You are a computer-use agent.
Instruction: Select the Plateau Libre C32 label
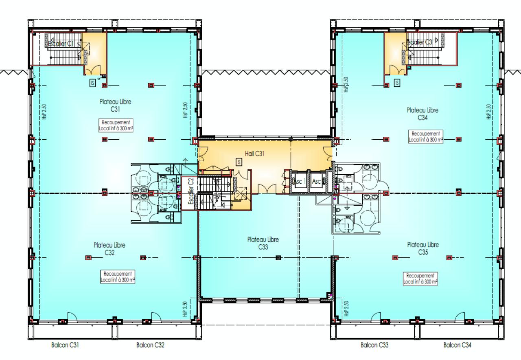(x=109, y=249)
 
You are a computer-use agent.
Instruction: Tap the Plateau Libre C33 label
(x=263, y=243)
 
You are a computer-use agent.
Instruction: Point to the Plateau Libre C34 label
(x=423, y=114)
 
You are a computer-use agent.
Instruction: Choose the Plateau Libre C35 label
(x=423, y=248)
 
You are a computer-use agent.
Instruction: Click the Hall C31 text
(x=255, y=154)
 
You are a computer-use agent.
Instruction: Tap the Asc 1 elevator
(x=299, y=182)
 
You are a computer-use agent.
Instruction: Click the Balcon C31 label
(x=65, y=345)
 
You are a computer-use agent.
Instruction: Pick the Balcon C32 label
(x=150, y=345)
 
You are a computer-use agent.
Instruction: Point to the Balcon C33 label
(x=374, y=345)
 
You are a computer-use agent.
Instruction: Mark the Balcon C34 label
(x=458, y=345)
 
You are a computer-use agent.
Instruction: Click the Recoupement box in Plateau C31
(x=117, y=125)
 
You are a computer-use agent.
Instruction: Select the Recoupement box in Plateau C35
(x=420, y=278)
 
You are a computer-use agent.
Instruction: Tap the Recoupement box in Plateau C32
(x=118, y=277)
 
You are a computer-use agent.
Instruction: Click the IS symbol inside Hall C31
(x=239, y=162)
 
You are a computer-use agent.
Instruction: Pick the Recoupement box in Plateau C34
(x=426, y=136)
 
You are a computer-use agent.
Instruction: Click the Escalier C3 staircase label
(x=420, y=42)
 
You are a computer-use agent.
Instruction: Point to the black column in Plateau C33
(x=278, y=257)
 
